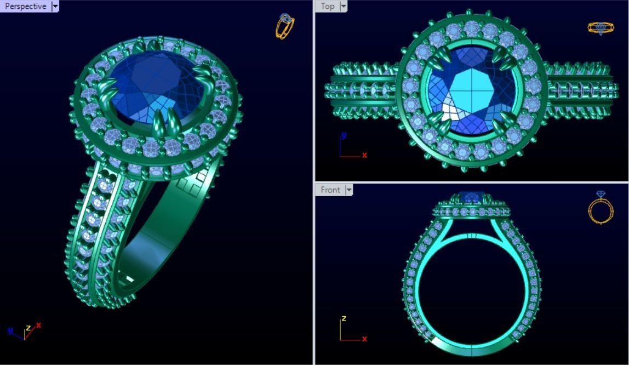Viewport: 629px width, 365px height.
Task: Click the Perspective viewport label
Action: click(x=25, y=7)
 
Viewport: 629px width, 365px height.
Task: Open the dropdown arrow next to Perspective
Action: click(x=55, y=7)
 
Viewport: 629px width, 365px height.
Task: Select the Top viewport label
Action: click(x=328, y=6)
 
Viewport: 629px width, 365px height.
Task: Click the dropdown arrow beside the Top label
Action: click(x=344, y=6)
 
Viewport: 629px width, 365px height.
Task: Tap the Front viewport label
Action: click(x=330, y=190)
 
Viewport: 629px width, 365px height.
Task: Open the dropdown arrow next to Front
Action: click(x=348, y=190)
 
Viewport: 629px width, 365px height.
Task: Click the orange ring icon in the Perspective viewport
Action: click(x=285, y=26)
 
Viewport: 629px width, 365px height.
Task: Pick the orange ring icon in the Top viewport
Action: click(x=601, y=27)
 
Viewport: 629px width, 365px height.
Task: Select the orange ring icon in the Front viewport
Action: click(x=601, y=208)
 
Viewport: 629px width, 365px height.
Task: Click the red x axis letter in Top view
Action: click(x=364, y=155)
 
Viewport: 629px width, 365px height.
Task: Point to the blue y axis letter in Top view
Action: click(x=343, y=135)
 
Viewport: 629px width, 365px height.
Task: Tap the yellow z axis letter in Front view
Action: click(x=344, y=318)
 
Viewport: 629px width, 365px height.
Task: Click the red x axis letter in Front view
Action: click(x=364, y=339)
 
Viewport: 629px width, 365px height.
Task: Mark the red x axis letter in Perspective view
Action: click(x=38, y=326)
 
